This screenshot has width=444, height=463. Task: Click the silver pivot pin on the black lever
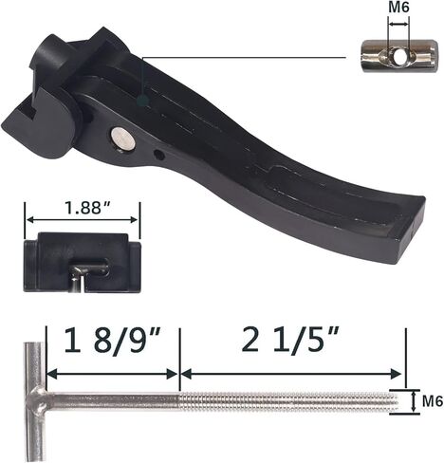click(123, 139)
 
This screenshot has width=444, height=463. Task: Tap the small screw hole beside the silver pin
click(158, 155)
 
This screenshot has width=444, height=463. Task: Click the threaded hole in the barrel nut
click(398, 57)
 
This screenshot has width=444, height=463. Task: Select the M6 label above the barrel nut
click(398, 8)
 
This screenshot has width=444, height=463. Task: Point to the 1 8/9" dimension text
click(113, 341)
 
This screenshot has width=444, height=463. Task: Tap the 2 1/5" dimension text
click(290, 340)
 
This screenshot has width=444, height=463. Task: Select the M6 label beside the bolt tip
click(433, 401)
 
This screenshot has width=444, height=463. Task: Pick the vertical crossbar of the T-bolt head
click(34, 402)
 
